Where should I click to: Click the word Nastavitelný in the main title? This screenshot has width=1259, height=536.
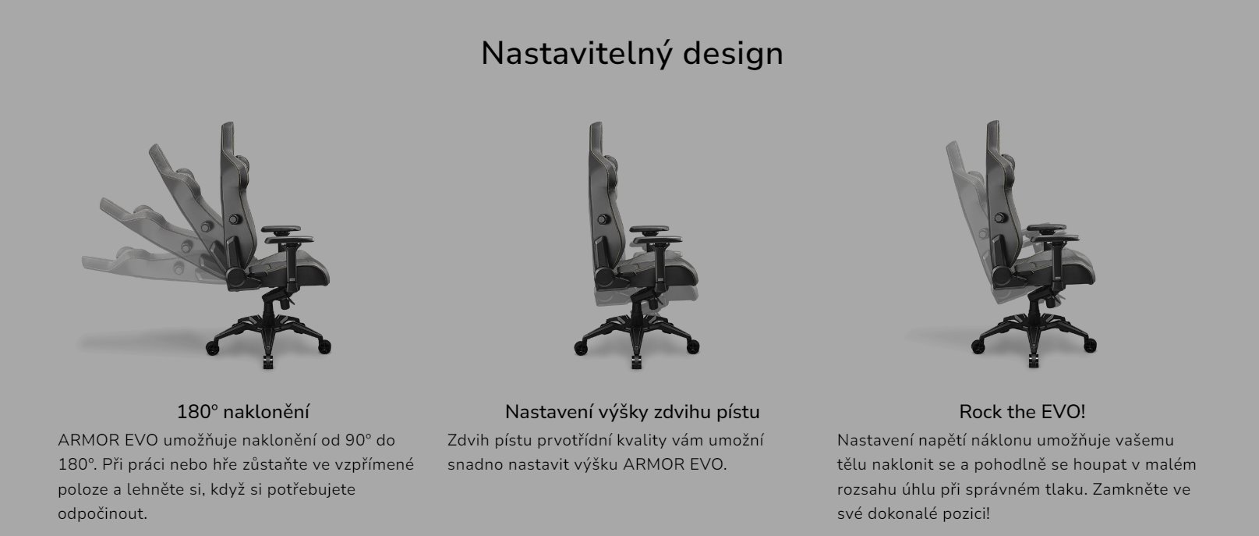576,54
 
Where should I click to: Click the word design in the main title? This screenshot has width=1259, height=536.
732,54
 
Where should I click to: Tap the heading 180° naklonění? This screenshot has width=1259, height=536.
243,411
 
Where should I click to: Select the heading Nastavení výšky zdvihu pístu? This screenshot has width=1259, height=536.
631,411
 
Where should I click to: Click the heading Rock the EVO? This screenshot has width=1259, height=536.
1021,411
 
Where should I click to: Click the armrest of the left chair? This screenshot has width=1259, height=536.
288,231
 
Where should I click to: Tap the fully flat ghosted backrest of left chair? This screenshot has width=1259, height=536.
133,261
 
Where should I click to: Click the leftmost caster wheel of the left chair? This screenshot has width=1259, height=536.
212,345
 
